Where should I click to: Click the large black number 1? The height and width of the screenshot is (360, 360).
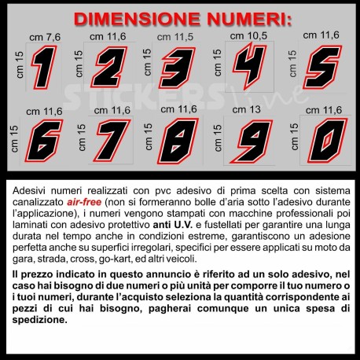point(44,68)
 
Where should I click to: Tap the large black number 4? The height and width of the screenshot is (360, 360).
point(249,65)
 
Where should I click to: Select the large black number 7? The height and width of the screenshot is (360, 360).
point(112,141)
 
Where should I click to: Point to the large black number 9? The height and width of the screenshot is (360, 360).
point(252,141)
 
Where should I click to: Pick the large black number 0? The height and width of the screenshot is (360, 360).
point(328,141)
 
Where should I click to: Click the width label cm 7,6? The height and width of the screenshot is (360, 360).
point(45,38)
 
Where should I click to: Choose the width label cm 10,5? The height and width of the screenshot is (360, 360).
point(248,36)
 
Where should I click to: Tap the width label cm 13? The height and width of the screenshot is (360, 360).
point(246,109)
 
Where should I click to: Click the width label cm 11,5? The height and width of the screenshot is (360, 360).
point(175,37)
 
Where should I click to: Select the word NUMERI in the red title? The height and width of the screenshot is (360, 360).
point(249,19)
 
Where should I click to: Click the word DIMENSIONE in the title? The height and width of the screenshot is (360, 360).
point(137,19)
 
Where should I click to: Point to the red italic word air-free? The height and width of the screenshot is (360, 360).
point(84,202)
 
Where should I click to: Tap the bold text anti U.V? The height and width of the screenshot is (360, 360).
point(173,225)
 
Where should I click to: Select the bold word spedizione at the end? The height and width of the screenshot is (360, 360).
point(40,320)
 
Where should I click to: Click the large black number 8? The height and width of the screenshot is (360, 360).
point(178,141)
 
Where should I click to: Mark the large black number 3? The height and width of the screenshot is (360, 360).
point(178,68)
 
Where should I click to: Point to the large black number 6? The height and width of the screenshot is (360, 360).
point(44,141)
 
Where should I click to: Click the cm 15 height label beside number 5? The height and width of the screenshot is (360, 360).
point(292,64)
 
